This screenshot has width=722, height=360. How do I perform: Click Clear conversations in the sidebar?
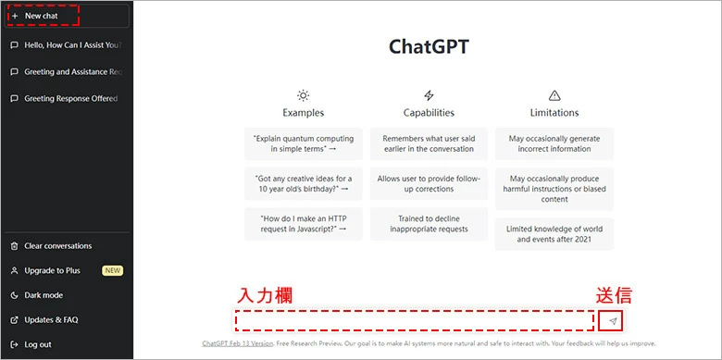coord(57,246)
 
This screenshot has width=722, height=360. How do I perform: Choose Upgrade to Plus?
coord(52,270)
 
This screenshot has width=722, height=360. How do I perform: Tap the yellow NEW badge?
coord(112,270)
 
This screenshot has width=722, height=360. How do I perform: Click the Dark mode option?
coord(44,295)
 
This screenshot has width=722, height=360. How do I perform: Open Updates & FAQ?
coord(51,319)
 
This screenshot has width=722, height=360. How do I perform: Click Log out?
coord(38,344)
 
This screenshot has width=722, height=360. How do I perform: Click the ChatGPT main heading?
coord(428,46)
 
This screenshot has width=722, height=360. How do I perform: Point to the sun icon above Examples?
coord(303,95)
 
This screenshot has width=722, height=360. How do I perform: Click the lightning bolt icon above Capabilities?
coord(429,95)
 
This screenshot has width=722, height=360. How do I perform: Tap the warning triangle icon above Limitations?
coord(554,95)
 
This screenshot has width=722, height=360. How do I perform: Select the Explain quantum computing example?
coord(303,143)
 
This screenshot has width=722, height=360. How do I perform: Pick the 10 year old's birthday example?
coord(303,182)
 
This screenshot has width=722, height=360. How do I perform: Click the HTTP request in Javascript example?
coord(303,222)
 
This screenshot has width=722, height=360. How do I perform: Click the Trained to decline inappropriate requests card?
coord(429,222)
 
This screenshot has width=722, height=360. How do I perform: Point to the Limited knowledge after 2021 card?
coord(554,234)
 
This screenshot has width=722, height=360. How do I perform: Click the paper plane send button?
coord(611,320)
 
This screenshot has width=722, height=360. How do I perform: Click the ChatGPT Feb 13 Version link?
coord(238,343)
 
